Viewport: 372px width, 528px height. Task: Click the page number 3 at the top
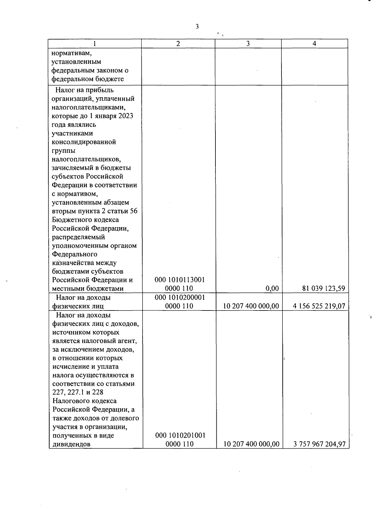tap(197, 27)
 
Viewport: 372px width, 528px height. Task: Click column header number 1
tap(95, 44)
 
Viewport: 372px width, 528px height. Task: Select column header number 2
tap(178, 44)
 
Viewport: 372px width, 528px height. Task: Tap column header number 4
tap(314, 44)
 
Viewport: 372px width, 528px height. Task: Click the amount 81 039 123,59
tap(324, 289)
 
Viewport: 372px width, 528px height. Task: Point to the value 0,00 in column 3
tap(272, 289)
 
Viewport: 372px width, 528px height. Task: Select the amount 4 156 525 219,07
tap(319, 306)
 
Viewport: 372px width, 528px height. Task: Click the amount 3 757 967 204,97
tap(319, 444)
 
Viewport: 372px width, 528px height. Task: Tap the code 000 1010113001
tap(180, 280)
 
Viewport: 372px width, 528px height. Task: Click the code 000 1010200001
tap(180, 297)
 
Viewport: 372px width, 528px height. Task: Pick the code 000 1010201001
tap(180, 435)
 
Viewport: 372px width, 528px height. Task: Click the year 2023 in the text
tap(126, 116)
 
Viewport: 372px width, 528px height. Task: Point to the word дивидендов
tap(72, 444)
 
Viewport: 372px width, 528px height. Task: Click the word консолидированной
tap(84, 142)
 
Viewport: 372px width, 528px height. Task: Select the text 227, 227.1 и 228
tap(78, 392)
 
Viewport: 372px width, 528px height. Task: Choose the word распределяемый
tap(78, 237)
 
